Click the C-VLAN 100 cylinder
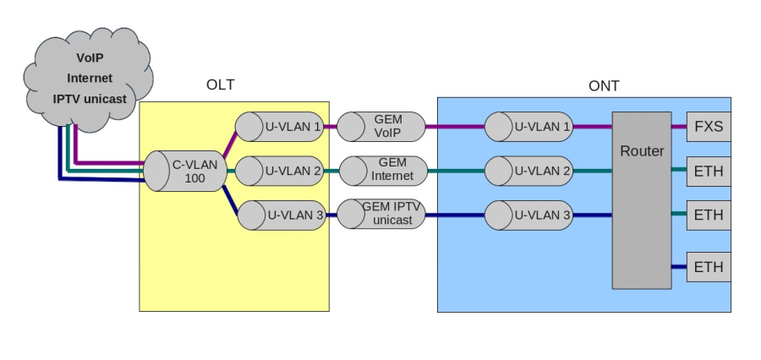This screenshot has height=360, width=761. [x=184, y=172]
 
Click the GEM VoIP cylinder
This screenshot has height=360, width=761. [x=380, y=128]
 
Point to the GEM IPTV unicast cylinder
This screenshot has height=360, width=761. [x=380, y=215]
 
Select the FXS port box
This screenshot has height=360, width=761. [x=708, y=128]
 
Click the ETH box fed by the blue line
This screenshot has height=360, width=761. [x=708, y=267]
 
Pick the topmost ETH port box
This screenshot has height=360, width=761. [x=708, y=172]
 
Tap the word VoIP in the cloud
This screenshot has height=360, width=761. [x=90, y=58]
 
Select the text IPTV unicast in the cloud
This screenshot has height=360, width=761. [x=90, y=99]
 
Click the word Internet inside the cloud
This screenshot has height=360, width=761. [x=90, y=79]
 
